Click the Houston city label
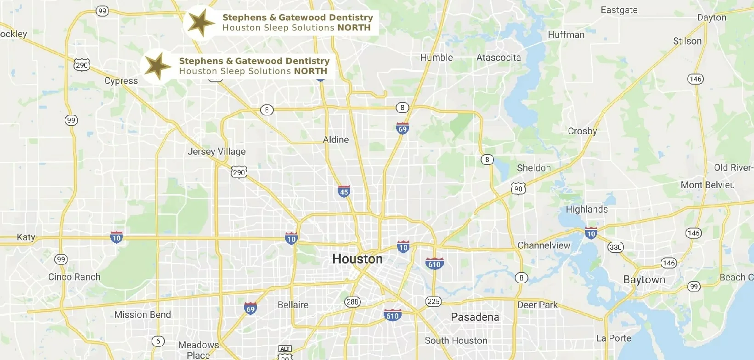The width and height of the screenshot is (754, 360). coord(357,259)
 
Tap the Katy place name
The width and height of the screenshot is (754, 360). coord(26,237)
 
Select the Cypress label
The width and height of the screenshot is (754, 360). coord(121,81)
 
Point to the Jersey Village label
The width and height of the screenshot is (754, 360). coord(216,152)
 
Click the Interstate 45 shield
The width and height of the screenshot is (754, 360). coord(344,191)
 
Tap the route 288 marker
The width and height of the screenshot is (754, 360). coord(352,302)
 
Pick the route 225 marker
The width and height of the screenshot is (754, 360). coord(433,302)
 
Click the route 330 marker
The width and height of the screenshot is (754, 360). coord(615,247)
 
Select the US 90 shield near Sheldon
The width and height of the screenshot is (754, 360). coord(518,189)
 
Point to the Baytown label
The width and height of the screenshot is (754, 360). coord(644,280)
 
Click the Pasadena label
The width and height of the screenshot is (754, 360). coord(475,317)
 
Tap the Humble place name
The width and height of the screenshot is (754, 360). coord(437,58)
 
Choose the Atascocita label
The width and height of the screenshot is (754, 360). coord(499,58)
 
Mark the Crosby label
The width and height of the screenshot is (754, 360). coord(582,131)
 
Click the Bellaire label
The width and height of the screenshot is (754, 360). coord(293,305)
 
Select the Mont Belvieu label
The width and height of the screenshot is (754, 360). coord(708,185)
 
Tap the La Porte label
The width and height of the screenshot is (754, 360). coord(613,338)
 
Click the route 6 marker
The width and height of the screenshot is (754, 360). coord(158,341)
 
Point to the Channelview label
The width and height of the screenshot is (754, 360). coord(544,246)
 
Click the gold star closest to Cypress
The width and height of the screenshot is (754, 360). coord(158,66)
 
